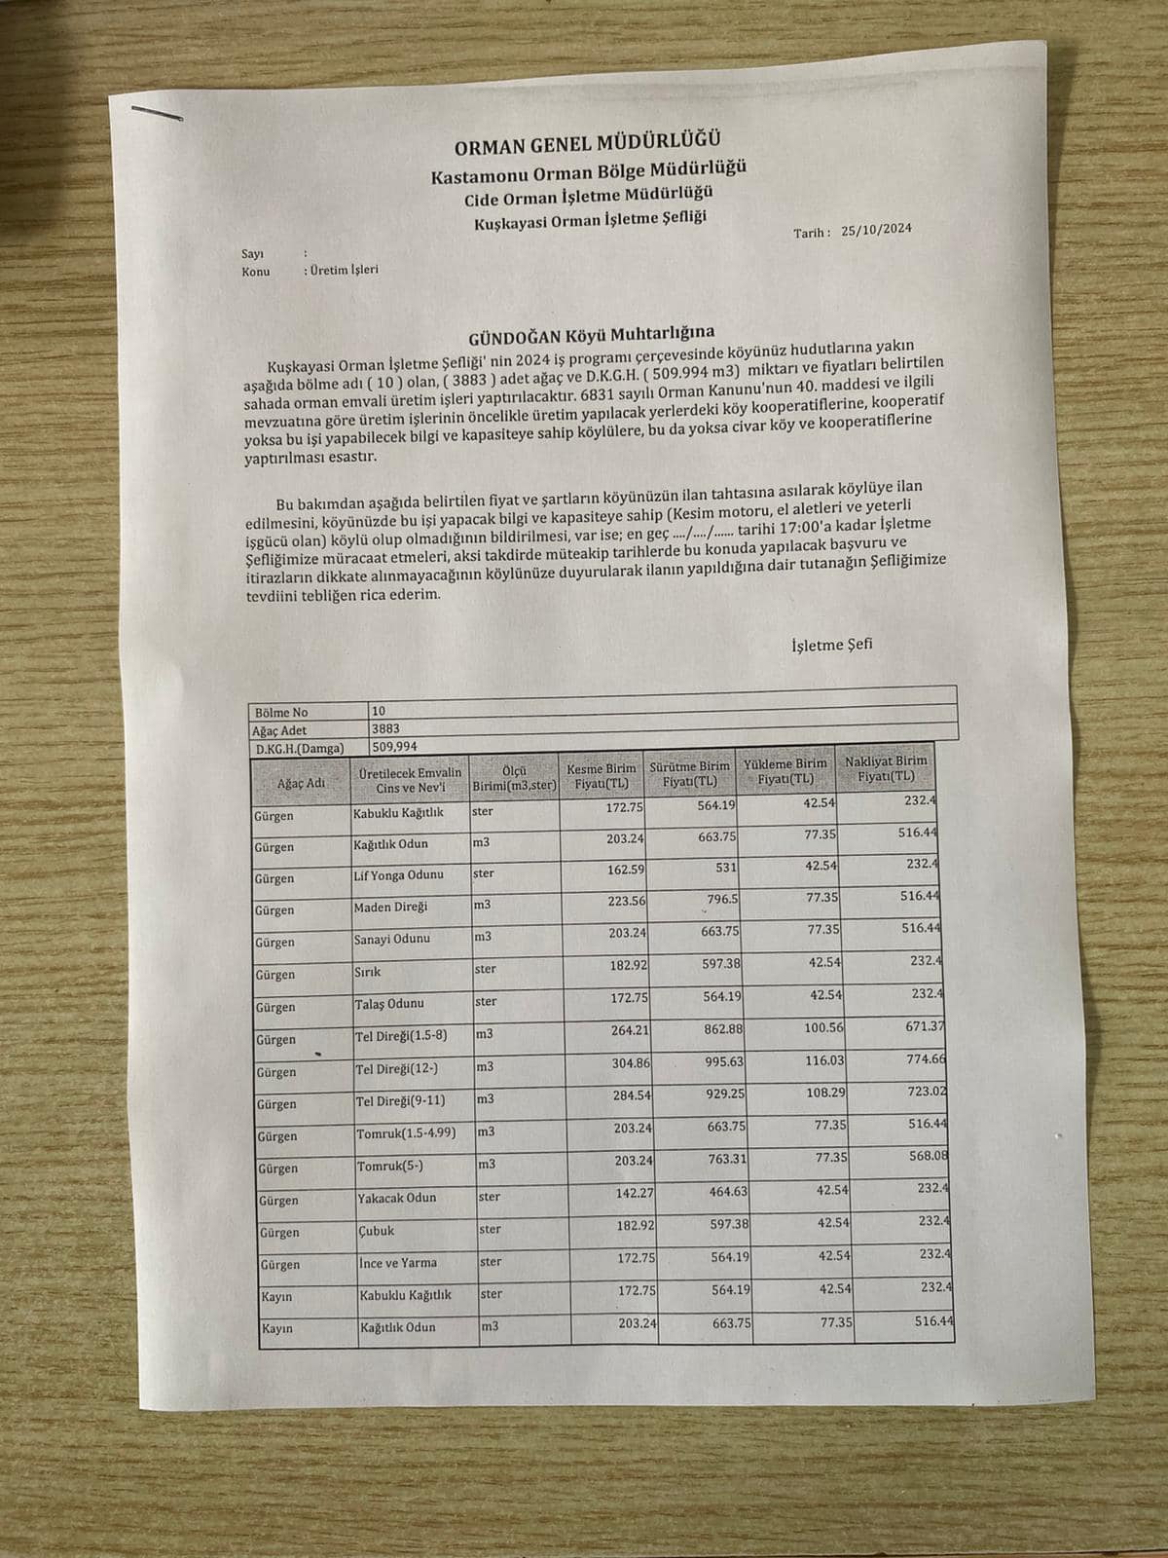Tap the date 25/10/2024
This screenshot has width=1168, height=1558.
(876, 230)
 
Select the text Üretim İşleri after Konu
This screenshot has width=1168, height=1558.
(344, 269)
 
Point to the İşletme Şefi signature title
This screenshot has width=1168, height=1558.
(831, 644)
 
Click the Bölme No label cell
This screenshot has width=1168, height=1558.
(280, 712)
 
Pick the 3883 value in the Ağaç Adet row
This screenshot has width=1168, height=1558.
(385, 728)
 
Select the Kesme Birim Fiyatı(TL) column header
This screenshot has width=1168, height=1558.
(601, 775)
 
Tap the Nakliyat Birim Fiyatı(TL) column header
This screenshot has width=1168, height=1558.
(886, 768)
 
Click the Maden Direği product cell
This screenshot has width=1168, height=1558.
(390, 907)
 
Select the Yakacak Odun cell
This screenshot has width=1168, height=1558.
(397, 1198)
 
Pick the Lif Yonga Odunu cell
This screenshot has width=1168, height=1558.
(398, 874)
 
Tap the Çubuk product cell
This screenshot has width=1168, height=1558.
(377, 1231)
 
